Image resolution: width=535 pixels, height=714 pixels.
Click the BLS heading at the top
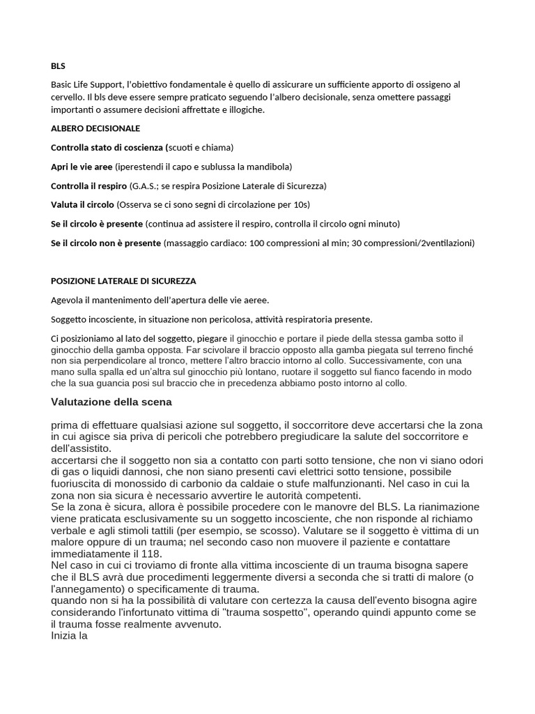(58, 66)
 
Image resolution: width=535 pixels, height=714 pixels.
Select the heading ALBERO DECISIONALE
(95, 128)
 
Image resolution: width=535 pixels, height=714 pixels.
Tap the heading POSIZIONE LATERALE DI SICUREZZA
(123, 281)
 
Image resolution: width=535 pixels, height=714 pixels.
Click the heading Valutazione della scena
(111, 402)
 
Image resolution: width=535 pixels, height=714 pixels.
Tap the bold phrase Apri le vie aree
(82, 167)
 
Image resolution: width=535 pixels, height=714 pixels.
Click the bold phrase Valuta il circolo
(82, 205)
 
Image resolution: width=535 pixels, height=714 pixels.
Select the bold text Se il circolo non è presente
(106, 243)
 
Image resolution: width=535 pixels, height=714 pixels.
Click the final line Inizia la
(69, 636)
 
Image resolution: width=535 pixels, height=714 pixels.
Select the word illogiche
(246, 109)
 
